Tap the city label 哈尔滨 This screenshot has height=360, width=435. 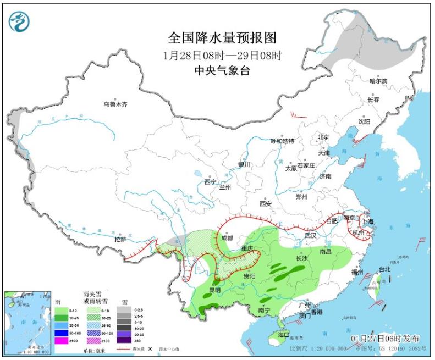click(378, 81)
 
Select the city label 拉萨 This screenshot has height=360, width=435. click(120, 240)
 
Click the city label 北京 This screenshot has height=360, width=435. click(322, 137)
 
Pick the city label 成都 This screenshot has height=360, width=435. click(226, 239)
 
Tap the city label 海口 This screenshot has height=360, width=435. click(283, 334)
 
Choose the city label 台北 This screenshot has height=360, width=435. click(383, 269)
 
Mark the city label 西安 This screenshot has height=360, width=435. click(266, 203)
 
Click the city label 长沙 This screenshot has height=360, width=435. click(302, 258)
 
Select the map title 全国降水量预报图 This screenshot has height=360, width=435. click(222, 38)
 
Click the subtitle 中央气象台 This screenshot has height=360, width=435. click(222, 70)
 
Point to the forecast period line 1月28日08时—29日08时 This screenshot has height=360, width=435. click(222, 55)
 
